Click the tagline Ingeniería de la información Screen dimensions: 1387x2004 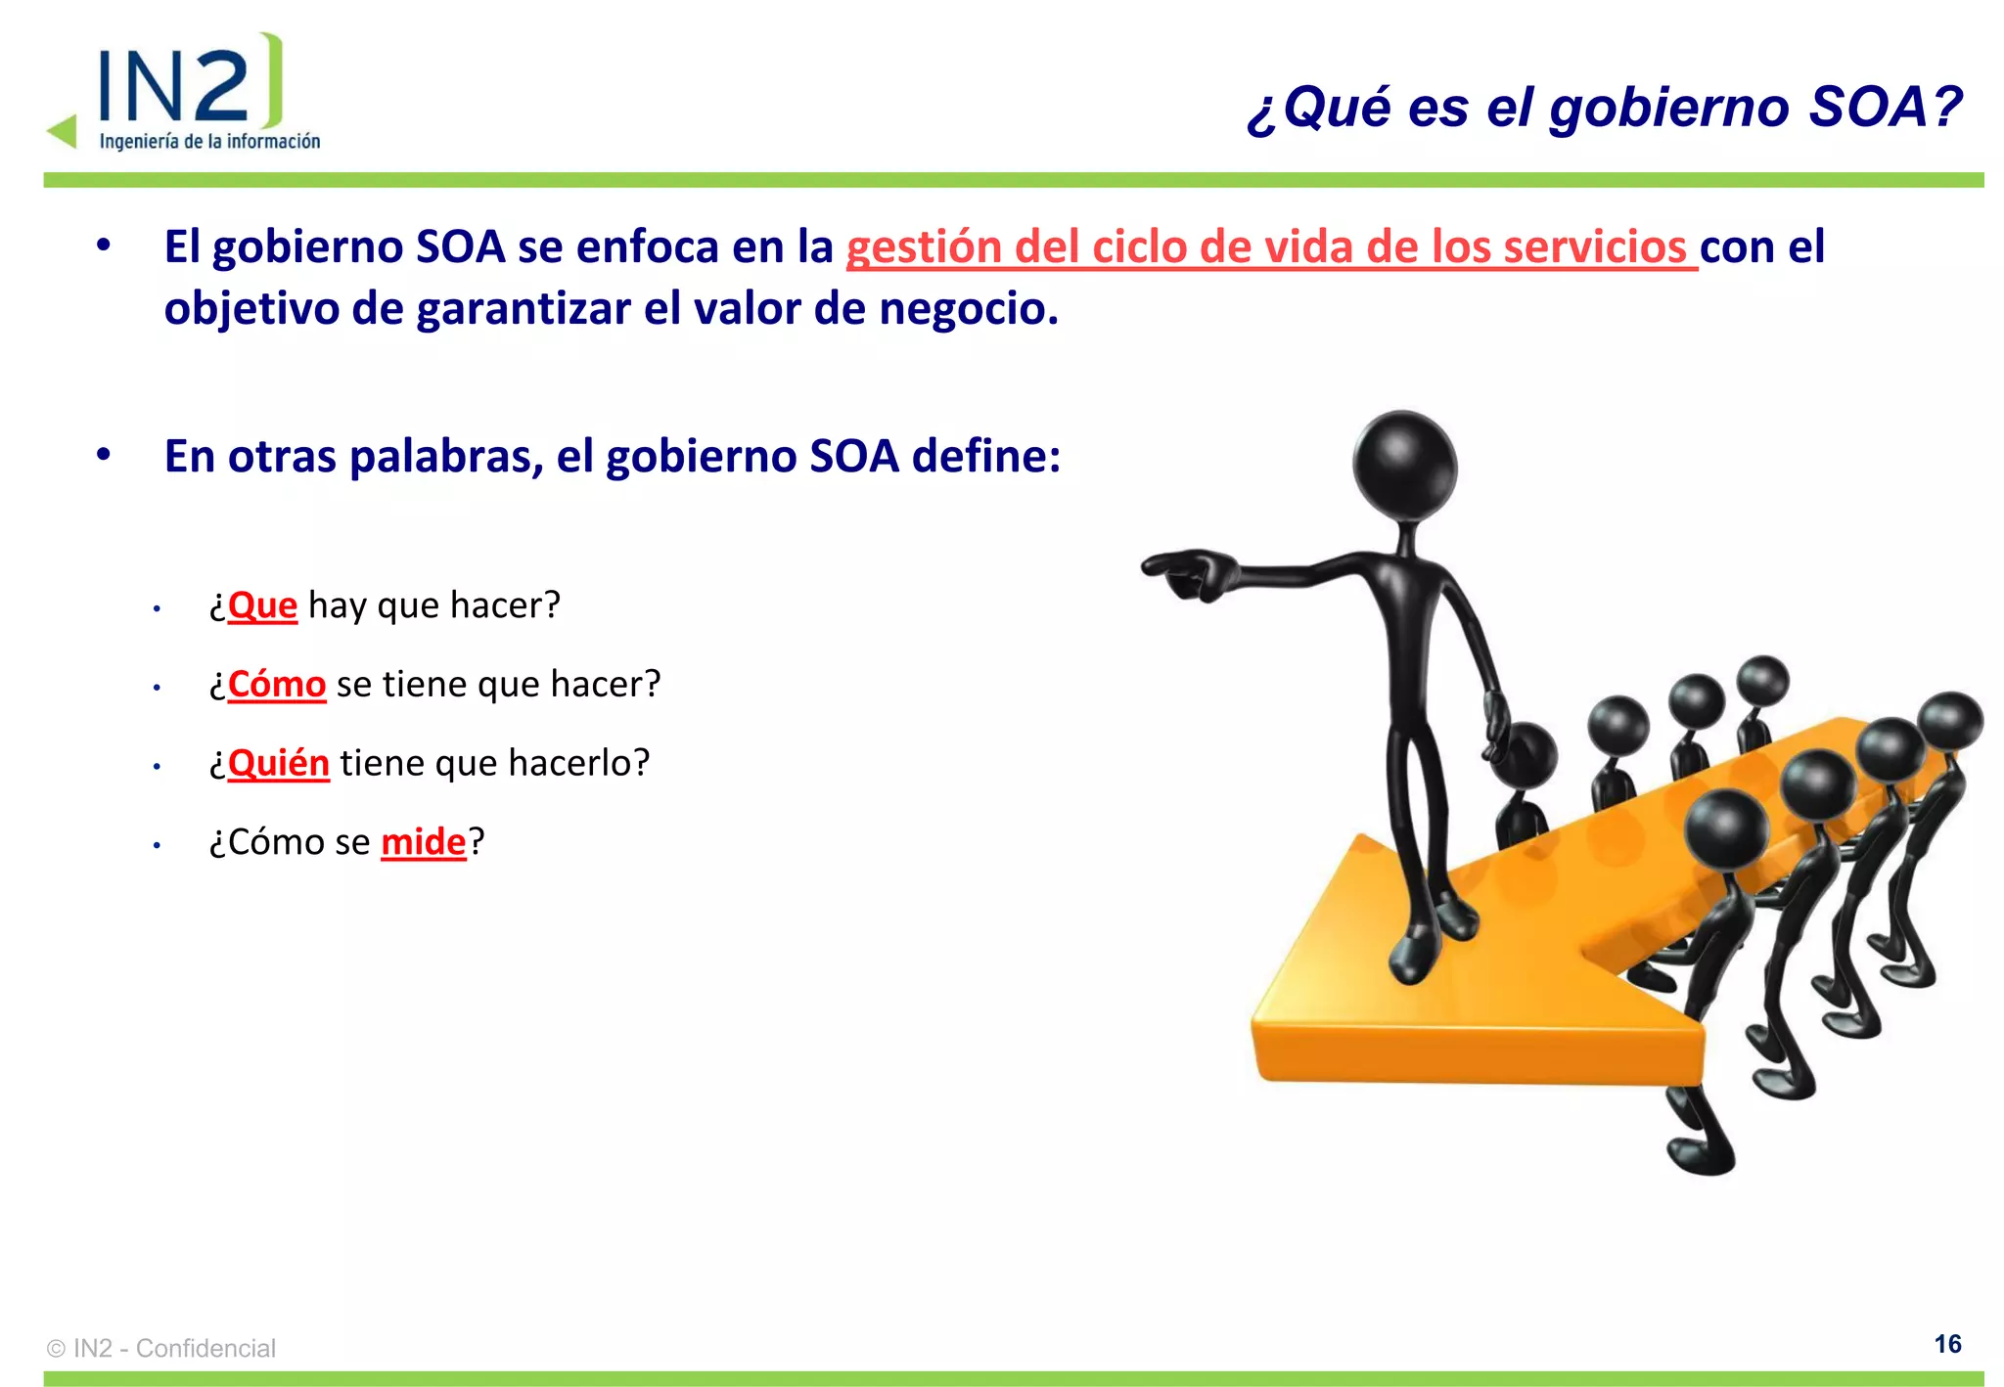point(209,142)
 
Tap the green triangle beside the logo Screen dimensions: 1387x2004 point(63,131)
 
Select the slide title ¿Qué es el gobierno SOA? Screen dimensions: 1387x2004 point(1605,107)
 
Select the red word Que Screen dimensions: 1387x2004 point(262,605)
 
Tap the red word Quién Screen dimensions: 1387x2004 point(278,763)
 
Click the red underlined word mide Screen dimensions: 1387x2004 point(423,842)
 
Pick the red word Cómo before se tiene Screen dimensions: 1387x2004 point(276,685)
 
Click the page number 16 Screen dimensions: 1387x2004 point(1947,1344)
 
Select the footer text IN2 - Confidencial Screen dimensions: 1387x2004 point(174,1348)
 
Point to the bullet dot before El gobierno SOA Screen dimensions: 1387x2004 point(104,246)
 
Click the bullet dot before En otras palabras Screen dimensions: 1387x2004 point(104,455)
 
